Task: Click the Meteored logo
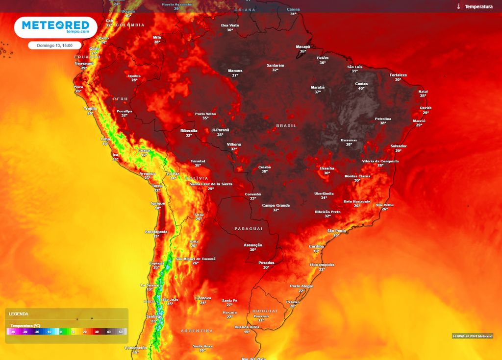point(55,26)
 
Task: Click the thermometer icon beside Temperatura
point(459,7)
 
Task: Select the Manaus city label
point(235,71)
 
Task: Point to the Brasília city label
point(327,168)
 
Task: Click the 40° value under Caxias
point(361,88)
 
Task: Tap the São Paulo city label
point(337,230)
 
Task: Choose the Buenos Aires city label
point(247,327)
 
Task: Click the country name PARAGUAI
point(249,229)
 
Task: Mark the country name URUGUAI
point(265,311)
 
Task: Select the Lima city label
point(105,139)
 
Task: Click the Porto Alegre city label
point(301,286)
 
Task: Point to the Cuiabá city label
point(265,167)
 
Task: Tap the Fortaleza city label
point(398,75)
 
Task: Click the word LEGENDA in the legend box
point(19,314)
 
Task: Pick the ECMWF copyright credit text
point(472,336)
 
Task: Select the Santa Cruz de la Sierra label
point(211,184)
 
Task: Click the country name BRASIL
point(286,126)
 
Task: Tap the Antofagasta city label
point(156,231)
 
